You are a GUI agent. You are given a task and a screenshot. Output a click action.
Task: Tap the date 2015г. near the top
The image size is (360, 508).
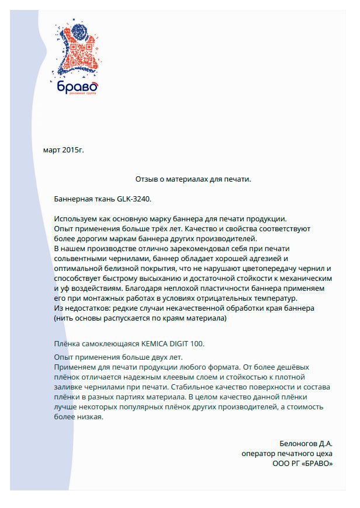[x=73, y=150]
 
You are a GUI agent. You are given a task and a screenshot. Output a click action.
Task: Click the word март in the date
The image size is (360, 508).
[x=51, y=150]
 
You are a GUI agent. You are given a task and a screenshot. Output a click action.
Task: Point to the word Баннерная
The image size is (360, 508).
[x=73, y=199]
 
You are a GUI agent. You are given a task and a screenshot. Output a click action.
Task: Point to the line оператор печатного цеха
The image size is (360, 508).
[x=287, y=453]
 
